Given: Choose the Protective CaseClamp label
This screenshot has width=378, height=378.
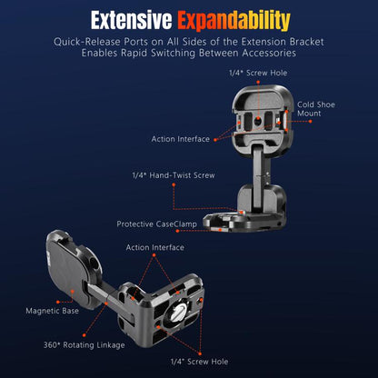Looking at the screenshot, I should point(156,224).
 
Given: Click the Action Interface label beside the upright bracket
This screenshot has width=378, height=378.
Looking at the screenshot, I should point(181,139).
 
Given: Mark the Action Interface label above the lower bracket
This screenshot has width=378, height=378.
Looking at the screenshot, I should point(155,247).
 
